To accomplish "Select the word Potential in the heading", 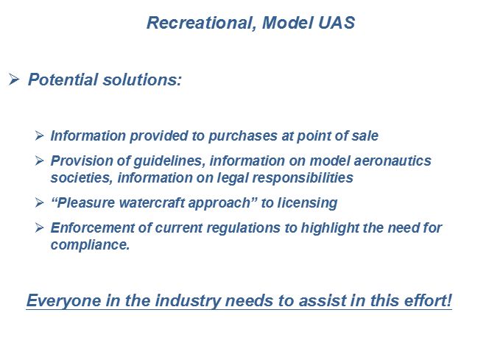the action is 63,80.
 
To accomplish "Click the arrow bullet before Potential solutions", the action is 14,80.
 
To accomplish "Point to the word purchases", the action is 243,136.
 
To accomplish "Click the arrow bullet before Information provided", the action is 39,135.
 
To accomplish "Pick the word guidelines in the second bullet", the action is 169,161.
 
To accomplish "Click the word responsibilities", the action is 303,178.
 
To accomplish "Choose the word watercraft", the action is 152,203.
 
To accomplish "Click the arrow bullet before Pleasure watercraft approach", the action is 39,202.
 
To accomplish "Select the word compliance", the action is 90,245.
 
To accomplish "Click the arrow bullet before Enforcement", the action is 39,227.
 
